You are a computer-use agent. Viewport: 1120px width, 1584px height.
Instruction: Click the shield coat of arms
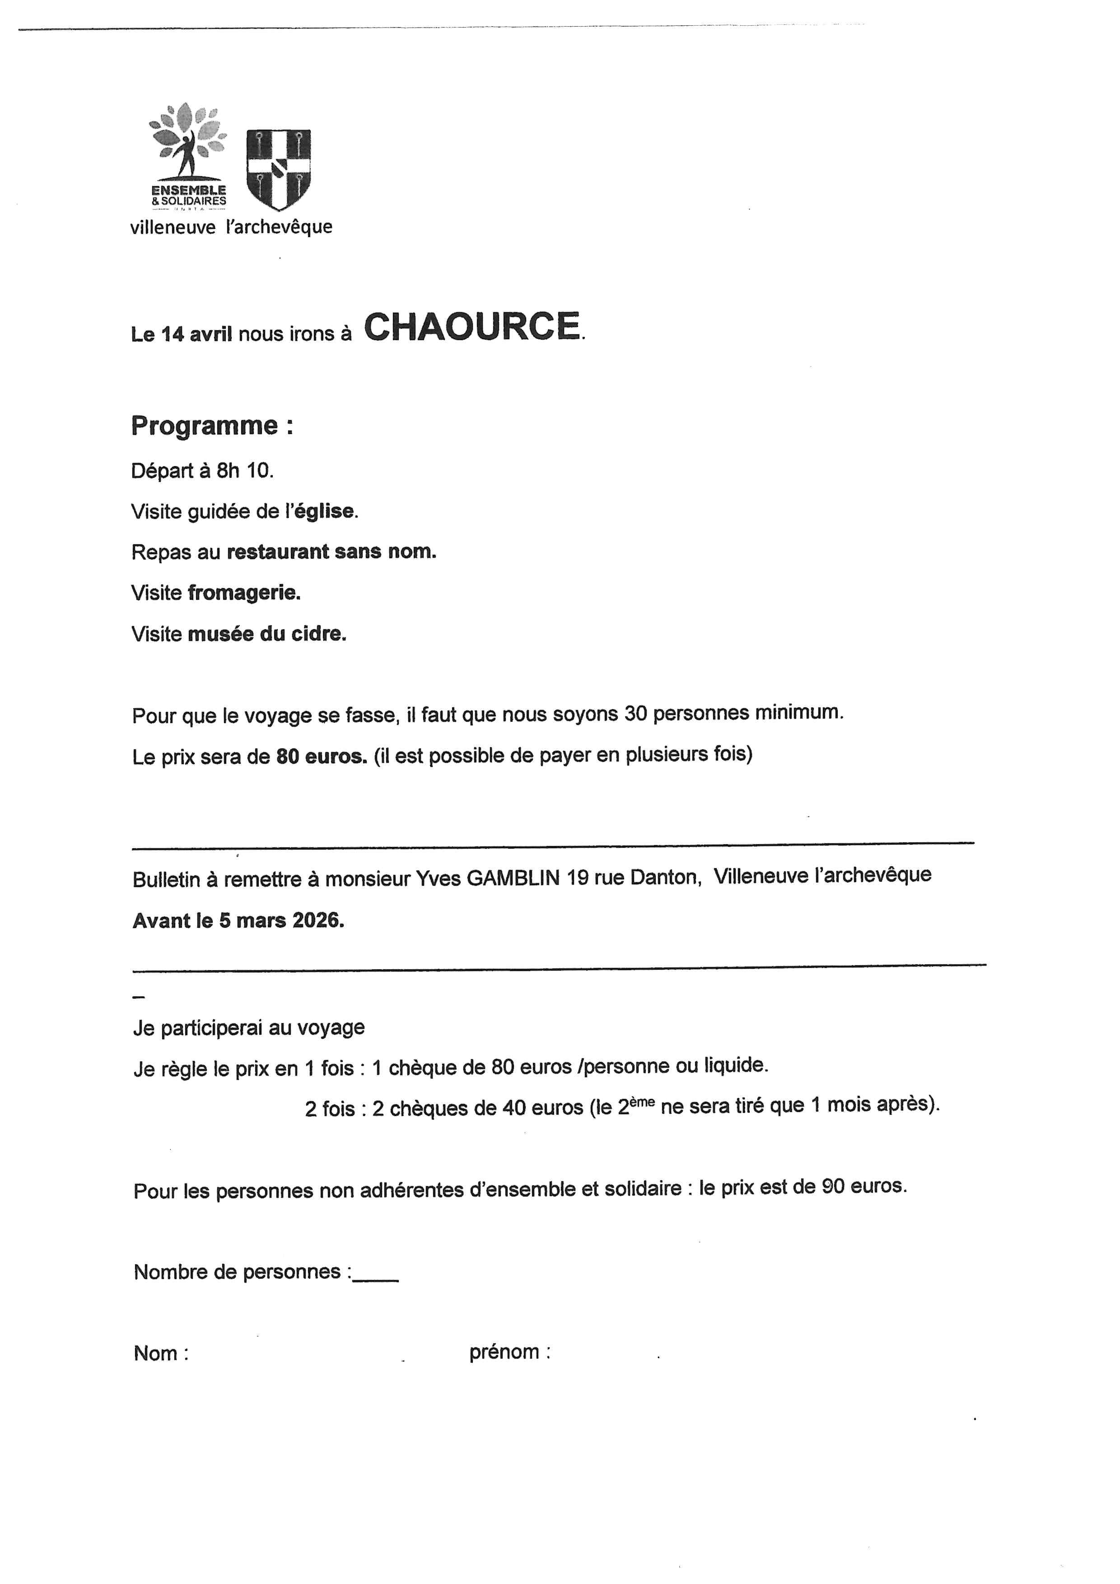pos(278,169)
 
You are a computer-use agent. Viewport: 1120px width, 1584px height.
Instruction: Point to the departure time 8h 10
pos(244,471)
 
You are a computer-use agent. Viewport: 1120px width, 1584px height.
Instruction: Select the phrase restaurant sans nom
pos(331,552)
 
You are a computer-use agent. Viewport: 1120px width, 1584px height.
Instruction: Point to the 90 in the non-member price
pos(833,1186)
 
